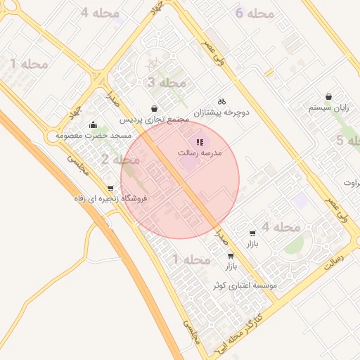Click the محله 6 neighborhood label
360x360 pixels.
(254, 13)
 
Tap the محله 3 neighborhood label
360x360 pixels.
(167, 83)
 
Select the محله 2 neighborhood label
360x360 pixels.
(114, 160)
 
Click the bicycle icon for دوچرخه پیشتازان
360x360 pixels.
(222, 101)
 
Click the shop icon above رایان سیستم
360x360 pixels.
(328, 97)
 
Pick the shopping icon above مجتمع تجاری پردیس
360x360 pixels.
(154, 109)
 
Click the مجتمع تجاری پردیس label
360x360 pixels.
(154, 120)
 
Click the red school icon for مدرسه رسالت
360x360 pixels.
(199, 143)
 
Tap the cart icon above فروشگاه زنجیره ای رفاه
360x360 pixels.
(110, 188)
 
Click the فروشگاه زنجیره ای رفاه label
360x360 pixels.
(111, 199)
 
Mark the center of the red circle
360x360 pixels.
(180, 180)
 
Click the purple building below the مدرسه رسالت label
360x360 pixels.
(188, 164)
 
